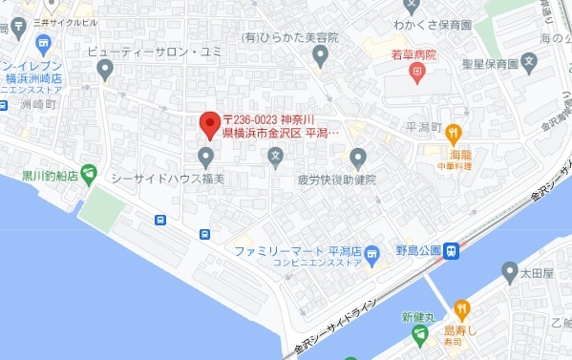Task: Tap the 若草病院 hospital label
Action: [x=412, y=56]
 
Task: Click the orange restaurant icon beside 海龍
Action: [x=455, y=134]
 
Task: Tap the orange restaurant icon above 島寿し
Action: [x=462, y=308]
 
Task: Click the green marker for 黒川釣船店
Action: [x=89, y=174]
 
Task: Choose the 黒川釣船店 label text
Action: [x=51, y=176]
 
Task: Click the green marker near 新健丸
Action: [x=419, y=334]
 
